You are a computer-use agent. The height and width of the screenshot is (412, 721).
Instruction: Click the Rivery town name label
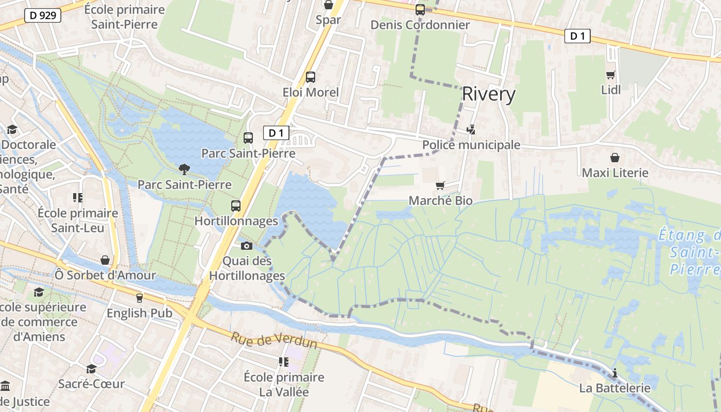click(x=488, y=94)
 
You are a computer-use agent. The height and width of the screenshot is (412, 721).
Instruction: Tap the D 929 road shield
click(x=43, y=15)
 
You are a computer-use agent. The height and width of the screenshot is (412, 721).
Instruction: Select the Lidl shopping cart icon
click(x=611, y=75)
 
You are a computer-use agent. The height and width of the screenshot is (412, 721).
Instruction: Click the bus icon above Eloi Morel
click(x=310, y=77)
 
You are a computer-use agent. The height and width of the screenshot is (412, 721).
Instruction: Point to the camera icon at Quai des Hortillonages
click(x=247, y=246)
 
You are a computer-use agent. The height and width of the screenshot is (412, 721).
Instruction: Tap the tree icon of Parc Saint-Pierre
click(x=184, y=169)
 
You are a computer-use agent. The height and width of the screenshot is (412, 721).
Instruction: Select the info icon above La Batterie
click(x=614, y=373)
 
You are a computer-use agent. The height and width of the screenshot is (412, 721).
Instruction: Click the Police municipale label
click(x=471, y=145)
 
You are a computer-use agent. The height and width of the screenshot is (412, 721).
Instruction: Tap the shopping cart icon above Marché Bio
click(x=440, y=185)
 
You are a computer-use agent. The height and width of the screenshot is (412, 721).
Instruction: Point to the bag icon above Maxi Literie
click(x=614, y=158)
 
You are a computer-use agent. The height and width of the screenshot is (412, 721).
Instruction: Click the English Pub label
click(x=140, y=313)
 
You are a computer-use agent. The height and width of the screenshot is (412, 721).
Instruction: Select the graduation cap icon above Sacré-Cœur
click(x=91, y=369)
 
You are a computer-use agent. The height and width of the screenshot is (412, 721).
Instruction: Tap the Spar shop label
click(x=328, y=20)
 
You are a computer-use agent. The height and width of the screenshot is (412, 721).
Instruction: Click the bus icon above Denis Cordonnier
click(x=420, y=9)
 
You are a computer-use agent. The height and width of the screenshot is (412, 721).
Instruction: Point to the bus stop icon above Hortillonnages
click(x=236, y=206)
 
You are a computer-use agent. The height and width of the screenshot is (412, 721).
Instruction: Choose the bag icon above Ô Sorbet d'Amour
click(x=105, y=260)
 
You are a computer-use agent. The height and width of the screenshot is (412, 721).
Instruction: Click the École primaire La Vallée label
click(x=284, y=384)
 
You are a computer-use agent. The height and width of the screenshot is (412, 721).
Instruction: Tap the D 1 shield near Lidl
click(x=577, y=36)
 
